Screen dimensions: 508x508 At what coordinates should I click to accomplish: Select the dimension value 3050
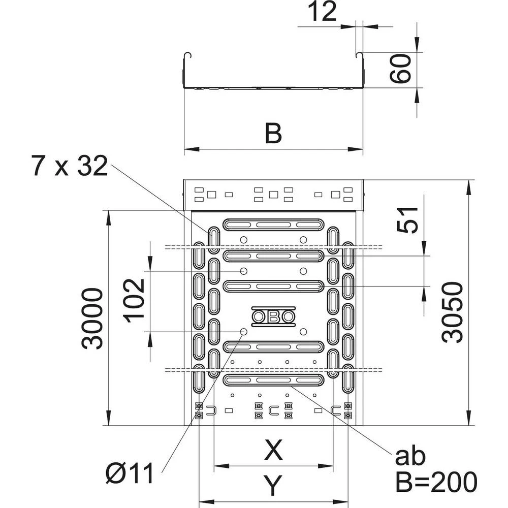pyautogui.click(x=452, y=312)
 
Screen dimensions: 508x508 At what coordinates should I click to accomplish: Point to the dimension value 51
pyautogui.click(x=407, y=220)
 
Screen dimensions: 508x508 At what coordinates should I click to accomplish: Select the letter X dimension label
pyautogui.click(x=273, y=450)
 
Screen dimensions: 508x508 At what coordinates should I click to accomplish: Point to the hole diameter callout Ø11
pyautogui.click(x=129, y=475)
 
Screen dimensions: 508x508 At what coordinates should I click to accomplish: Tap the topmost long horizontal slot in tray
pyautogui.click(x=273, y=224)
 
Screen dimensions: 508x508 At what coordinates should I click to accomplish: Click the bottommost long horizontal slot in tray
pyautogui.click(x=273, y=379)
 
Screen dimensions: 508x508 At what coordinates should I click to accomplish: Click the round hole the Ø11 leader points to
pyautogui.click(x=244, y=332)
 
